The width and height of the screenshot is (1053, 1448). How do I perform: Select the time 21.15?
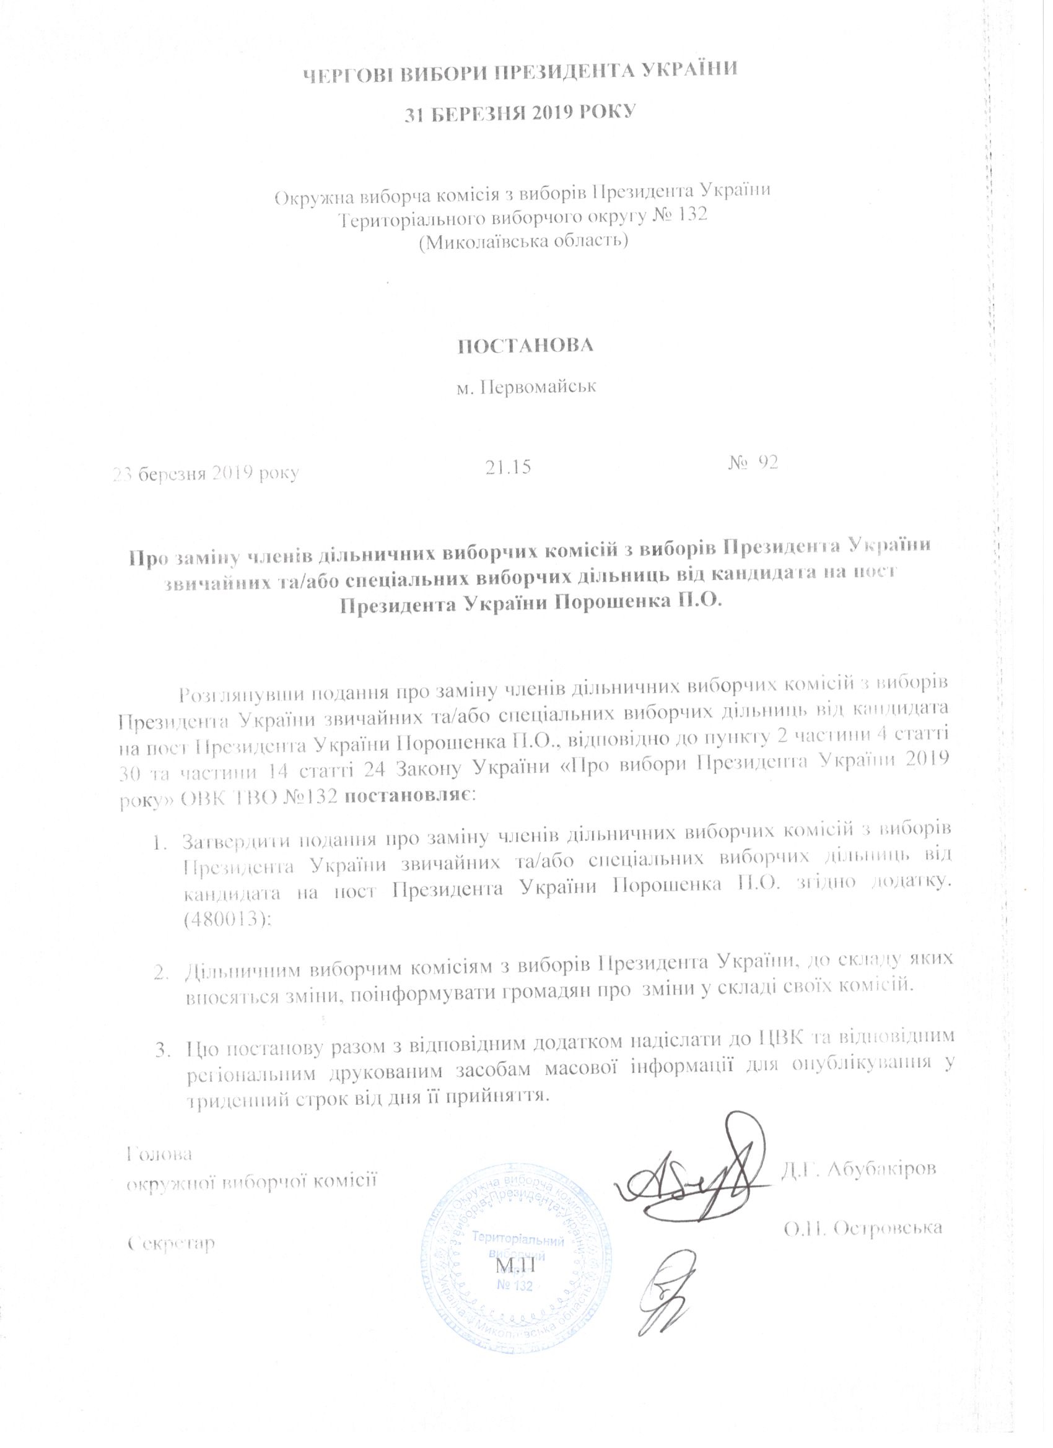509,468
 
